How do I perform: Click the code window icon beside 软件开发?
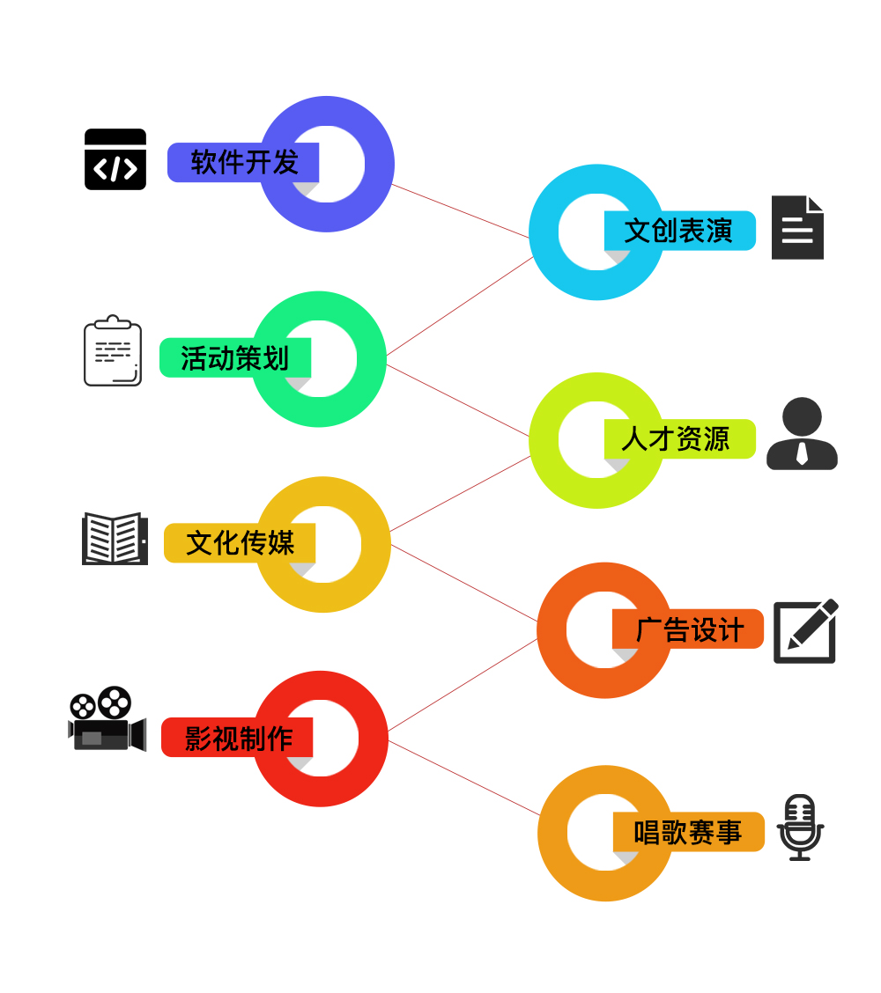click(115, 159)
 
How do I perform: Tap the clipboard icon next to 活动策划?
click(113, 351)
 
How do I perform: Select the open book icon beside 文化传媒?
click(115, 538)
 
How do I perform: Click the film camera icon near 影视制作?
click(107, 719)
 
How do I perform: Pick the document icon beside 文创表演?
click(797, 228)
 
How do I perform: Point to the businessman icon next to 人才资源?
click(802, 434)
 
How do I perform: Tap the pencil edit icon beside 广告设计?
click(805, 631)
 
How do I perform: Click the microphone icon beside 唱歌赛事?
click(800, 827)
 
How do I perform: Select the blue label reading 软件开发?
click(242, 163)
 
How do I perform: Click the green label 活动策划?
click(234, 358)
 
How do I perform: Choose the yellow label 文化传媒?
click(239, 543)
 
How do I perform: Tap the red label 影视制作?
click(237, 738)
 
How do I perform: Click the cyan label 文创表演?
click(679, 231)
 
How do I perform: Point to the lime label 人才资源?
click(678, 438)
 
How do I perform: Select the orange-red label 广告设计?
click(687, 629)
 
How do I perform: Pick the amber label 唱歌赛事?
click(688, 832)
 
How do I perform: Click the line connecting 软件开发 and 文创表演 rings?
click(460, 211)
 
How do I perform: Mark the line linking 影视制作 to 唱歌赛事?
click(463, 778)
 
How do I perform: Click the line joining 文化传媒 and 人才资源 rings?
click(460, 494)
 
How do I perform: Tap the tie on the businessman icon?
click(802, 452)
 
